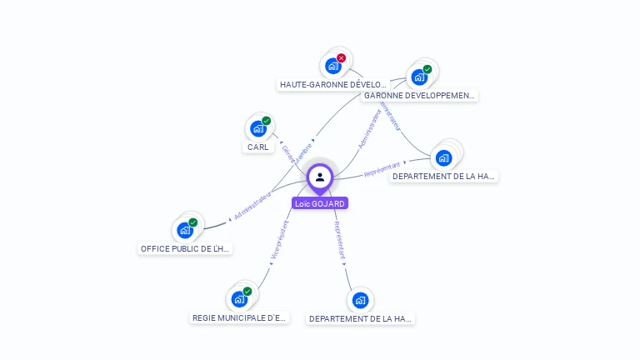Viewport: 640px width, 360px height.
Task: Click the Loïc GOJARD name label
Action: tap(320, 203)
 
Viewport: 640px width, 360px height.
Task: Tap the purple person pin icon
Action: tap(320, 177)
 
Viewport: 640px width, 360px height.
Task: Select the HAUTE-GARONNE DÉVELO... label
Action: tap(333, 85)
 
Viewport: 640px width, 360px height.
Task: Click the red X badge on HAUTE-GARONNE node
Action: tap(341, 58)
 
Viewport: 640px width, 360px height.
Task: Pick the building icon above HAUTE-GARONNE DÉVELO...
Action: tap(333, 66)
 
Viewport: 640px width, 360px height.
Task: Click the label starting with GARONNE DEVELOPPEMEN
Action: tap(419, 96)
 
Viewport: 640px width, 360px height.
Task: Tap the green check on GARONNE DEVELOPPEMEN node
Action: tap(427, 69)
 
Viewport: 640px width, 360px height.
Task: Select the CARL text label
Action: tap(258, 147)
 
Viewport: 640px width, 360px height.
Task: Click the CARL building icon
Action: tap(257, 128)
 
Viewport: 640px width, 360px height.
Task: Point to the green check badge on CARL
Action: tap(267, 121)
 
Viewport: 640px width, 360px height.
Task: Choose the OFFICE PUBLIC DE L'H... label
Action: tap(185, 249)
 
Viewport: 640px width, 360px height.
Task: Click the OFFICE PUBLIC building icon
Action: tap(184, 230)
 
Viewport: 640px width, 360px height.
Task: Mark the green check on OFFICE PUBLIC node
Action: tap(193, 222)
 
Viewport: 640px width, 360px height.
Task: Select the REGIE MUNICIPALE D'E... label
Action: tap(240, 318)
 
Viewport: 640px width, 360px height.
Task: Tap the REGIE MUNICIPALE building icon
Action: tap(239, 298)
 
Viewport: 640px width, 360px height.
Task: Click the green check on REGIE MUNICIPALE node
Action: tap(247, 292)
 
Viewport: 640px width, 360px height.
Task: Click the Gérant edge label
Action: tap(288, 153)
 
